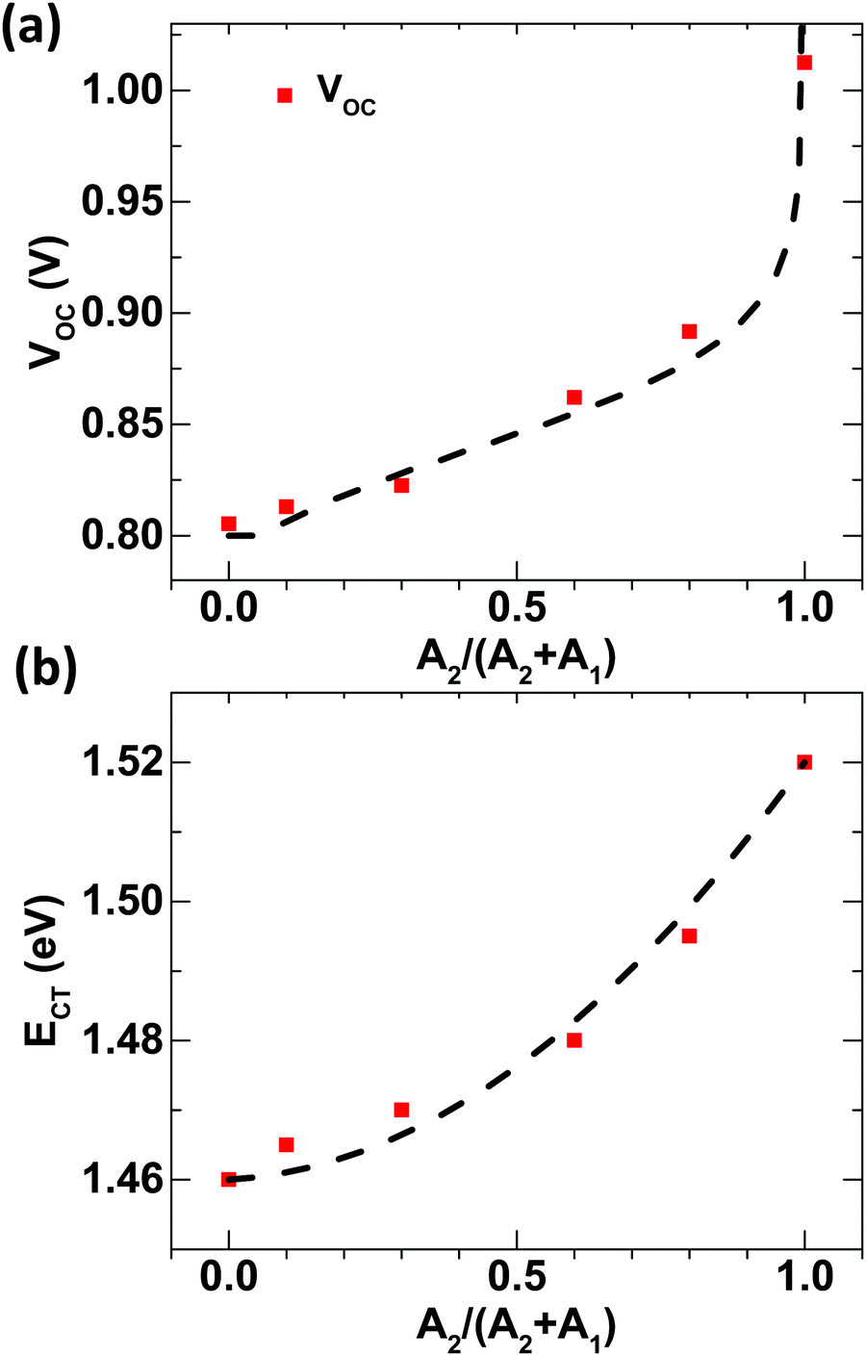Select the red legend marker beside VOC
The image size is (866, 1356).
[285, 95]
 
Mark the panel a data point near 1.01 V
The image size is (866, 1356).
[804, 63]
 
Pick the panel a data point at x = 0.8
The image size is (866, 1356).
[689, 331]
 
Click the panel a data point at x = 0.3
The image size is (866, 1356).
[401, 485]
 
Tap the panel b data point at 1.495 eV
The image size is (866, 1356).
[689, 935]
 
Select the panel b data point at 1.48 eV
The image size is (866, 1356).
[574, 1039]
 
